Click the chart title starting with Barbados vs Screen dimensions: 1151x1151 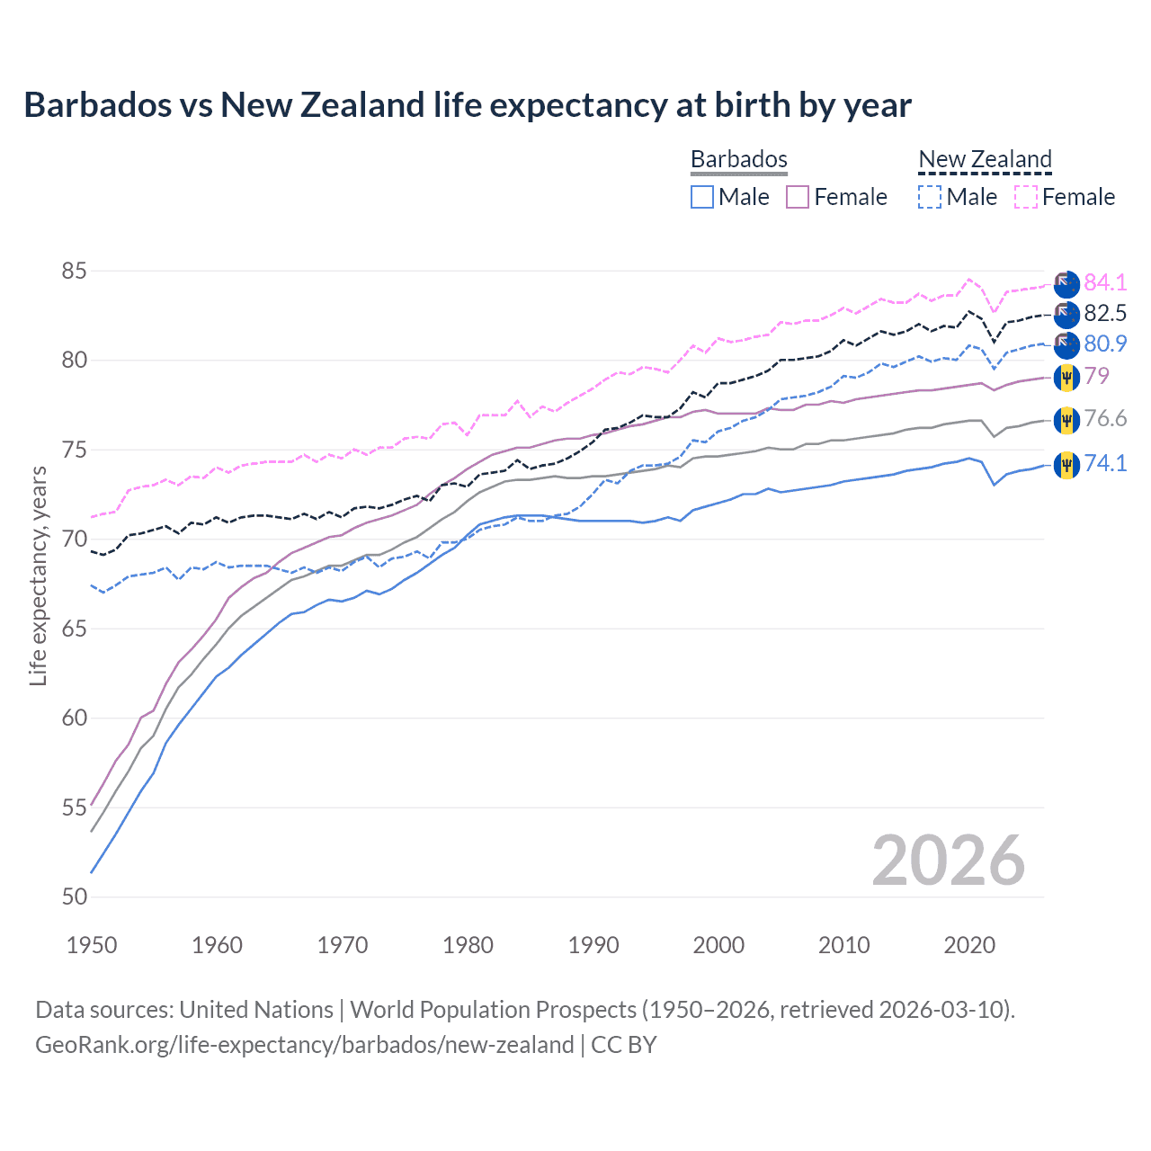coord(467,105)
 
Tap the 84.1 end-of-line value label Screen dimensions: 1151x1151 coord(1104,282)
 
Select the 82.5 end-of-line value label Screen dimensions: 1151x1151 coord(1104,313)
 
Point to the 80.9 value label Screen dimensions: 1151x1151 coord(1104,344)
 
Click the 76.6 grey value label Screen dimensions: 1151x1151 coord(1104,418)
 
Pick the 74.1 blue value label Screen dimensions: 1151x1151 coord(1104,463)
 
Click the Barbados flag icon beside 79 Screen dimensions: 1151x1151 coord(1066,377)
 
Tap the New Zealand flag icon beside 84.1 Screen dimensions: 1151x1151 coord(1066,283)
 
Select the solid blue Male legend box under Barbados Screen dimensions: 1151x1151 coord(702,197)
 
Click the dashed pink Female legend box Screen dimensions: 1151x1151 coord(1026,197)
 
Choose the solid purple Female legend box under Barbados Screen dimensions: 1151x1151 coord(798,197)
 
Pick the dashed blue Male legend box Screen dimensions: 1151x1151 coord(930,197)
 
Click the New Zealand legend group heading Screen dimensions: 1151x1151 coord(985,159)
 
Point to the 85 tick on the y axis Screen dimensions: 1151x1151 coord(75,271)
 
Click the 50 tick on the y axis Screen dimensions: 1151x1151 coord(75,897)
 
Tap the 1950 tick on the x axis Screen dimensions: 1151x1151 coord(92,945)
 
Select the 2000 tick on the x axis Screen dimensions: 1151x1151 coord(718,945)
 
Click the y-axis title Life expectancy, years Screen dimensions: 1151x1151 coord(38,575)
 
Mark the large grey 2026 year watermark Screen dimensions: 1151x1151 coord(948,861)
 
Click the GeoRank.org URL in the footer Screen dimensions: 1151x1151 coord(304,1045)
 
